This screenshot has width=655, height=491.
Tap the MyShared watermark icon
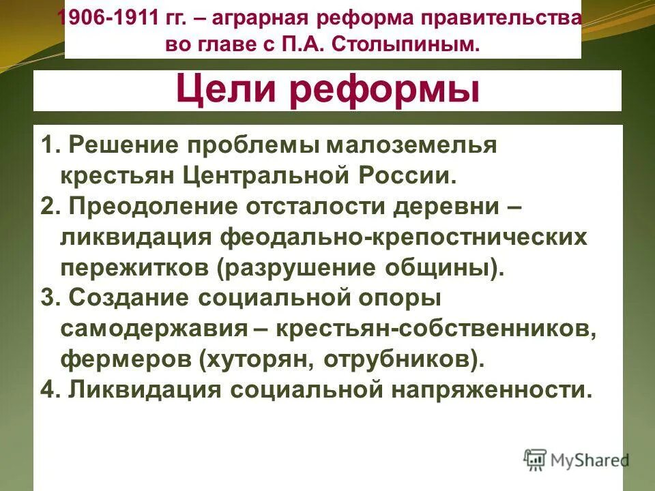click(x=535, y=459)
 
